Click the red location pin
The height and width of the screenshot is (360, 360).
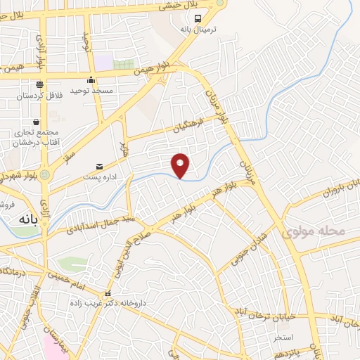click(181, 165)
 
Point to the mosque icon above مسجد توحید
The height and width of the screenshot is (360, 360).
click(91, 79)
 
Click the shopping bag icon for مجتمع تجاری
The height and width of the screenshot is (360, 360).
click(35, 122)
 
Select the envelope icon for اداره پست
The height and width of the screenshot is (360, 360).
click(99, 167)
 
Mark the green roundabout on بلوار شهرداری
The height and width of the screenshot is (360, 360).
click(45, 174)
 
